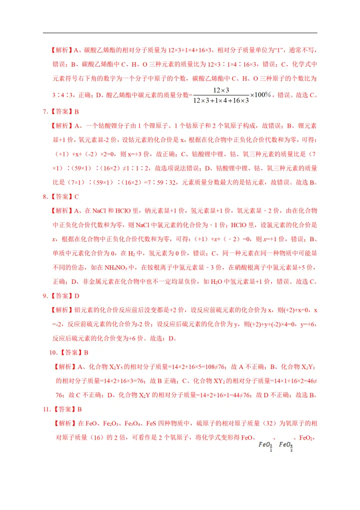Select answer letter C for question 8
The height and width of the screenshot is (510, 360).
76,197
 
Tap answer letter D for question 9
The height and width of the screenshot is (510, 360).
76,296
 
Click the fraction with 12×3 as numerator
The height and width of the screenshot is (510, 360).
221,95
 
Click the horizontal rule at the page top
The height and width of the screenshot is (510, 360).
180,33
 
